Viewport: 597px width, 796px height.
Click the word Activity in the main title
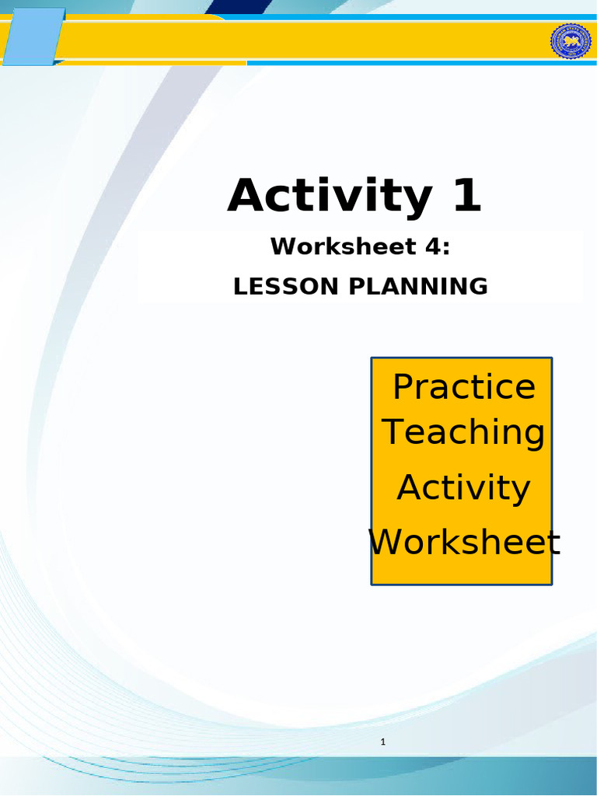pos(328,196)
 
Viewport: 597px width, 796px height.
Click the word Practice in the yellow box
pos(464,386)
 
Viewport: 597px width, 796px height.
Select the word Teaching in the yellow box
pos(464,432)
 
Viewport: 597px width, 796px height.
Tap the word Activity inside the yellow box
pos(464,488)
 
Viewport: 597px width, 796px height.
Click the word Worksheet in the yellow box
pos(464,542)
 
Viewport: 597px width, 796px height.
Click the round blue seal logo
pos(571,40)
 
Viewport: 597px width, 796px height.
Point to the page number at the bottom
pos(383,743)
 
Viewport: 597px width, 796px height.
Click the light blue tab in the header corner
pos(33,36)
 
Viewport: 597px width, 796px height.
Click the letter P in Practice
pos(403,386)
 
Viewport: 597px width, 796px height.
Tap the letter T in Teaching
pos(394,431)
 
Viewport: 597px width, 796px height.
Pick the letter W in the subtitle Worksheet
pos(281,247)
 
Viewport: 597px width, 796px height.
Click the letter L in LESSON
pos(239,287)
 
